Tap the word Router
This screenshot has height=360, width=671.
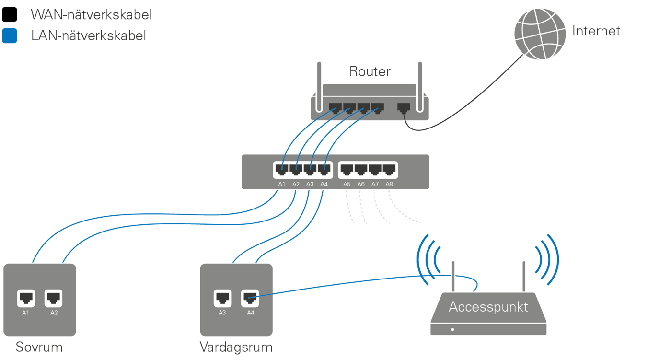tap(370, 72)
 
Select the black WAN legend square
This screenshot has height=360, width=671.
tap(10, 15)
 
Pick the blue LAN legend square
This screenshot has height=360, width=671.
tap(10, 36)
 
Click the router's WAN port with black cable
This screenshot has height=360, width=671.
tap(404, 108)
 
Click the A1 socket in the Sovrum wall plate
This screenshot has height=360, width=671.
tap(26, 299)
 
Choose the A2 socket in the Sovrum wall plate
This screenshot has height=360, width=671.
tap(53, 299)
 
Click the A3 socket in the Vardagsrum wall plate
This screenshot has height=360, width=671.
tap(222, 299)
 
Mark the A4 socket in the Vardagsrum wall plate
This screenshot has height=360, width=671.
tap(250, 299)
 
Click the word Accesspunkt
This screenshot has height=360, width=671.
tap(488, 307)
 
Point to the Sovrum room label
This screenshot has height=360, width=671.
tap(39, 347)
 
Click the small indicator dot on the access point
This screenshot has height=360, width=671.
tap(452, 329)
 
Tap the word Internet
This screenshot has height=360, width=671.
tap(596, 32)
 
